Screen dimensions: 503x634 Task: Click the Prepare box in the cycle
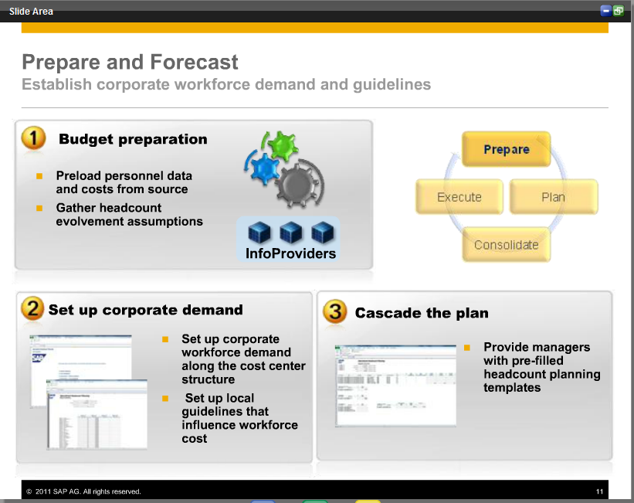click(x=506, y=149)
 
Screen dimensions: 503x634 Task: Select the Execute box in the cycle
click(x=459, y=197)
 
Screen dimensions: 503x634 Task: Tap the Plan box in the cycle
click(x=553, y=197)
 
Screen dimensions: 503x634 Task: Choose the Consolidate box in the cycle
click(x=506, y=245)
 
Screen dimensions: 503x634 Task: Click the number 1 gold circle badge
click(x=32, y=138)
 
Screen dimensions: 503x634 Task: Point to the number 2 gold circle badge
click(x=32, y=309)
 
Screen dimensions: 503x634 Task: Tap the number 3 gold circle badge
click(x=334, y=312)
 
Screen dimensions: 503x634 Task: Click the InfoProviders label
click(x=290, y=253)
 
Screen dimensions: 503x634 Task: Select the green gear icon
click(x=281, y=144)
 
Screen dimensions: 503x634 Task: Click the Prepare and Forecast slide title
click(x=130, y=62)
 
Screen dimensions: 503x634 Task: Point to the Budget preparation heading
click(x=133, y=139)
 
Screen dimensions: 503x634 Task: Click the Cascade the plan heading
click(x=422, y=313)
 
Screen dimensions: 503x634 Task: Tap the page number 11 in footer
click(x=599, y=491)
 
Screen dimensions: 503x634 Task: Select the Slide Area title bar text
click(x=31, y=11)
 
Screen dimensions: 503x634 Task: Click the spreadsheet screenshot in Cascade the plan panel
click(x=395, y=386)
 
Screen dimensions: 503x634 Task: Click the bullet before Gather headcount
click(x=39, y=208)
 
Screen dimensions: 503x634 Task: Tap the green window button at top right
click(x=619, y=11)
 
